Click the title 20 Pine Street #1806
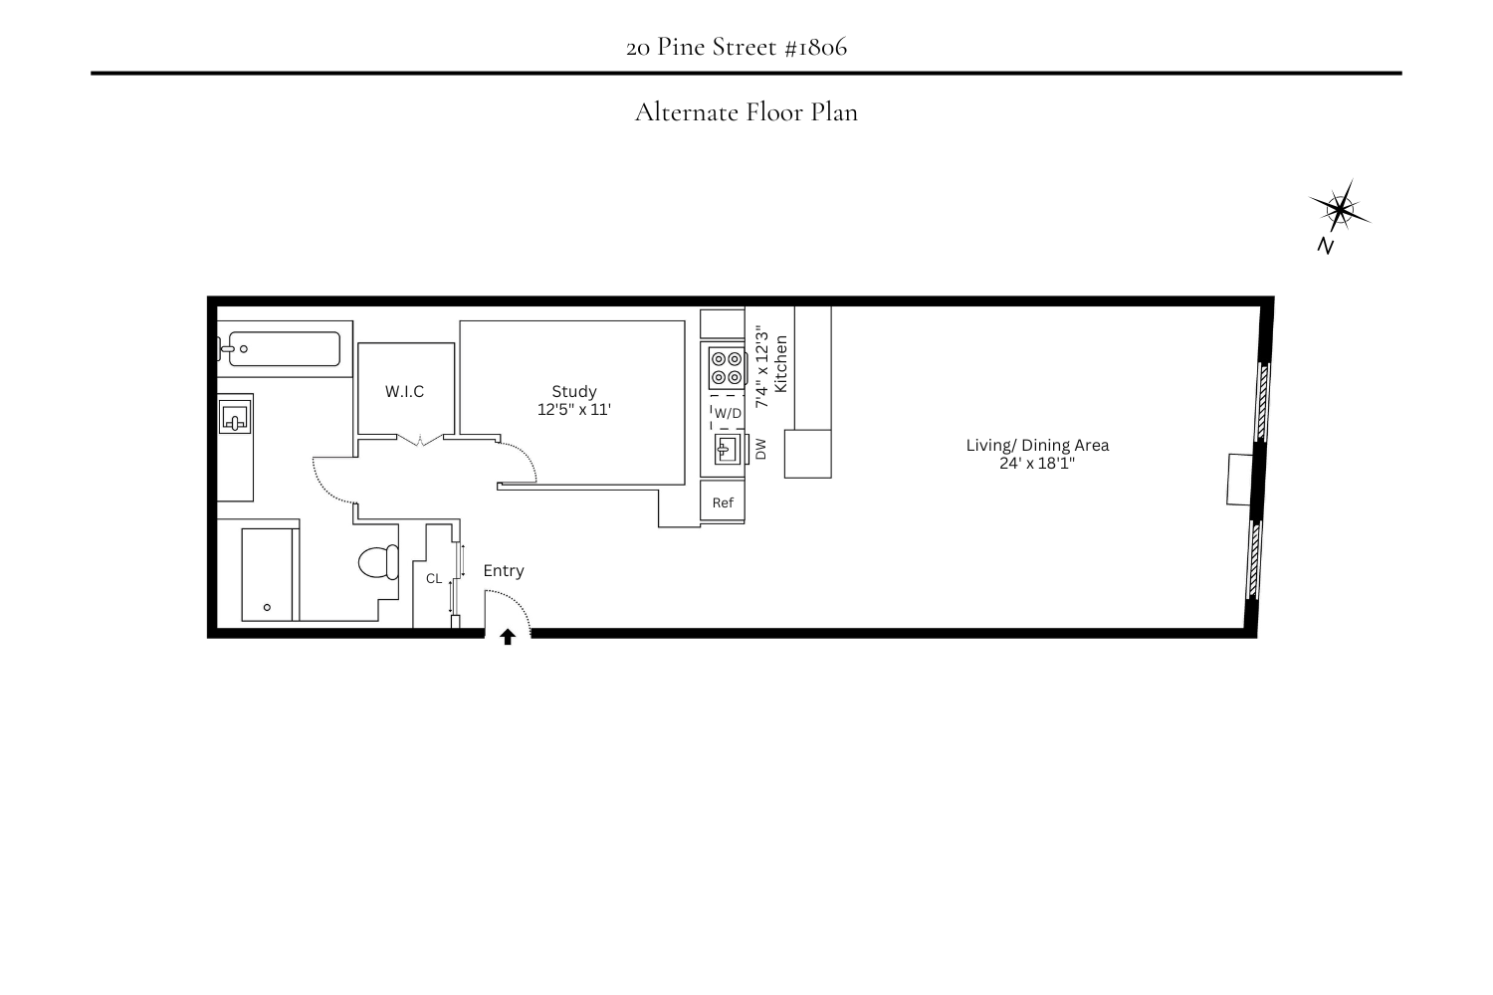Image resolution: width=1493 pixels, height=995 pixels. [737, 47]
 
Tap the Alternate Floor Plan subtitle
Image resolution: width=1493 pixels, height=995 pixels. [746, 111]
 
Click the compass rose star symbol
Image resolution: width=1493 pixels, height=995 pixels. [1340, 209]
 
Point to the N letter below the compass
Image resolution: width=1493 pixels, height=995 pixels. [1325, 246]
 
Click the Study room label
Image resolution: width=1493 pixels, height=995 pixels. [574, 391]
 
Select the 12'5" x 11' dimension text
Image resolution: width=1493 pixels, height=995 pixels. [574, 409]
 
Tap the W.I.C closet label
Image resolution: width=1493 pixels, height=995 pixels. [404, 391]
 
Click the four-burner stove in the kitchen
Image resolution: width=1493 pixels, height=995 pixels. [727, 367]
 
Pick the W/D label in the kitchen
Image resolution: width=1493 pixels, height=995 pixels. [728, 413]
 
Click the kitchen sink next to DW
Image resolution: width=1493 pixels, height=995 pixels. [728, 450]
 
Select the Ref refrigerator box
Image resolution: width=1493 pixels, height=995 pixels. [723, 502]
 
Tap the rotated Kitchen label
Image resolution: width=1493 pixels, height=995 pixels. [781, 364]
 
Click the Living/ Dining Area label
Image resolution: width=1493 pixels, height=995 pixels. [1037, 445]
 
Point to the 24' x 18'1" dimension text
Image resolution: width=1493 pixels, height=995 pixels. [1037, 463]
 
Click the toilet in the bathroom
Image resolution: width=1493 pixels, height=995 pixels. [377, 562]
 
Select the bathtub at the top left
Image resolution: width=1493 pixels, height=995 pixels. [284, 349]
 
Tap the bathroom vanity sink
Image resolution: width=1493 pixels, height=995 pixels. [235, 416]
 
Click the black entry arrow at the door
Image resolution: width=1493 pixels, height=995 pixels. [508, 637]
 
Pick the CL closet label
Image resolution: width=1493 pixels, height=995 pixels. [434, 578]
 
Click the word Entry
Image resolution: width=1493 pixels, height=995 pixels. [504, 570]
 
